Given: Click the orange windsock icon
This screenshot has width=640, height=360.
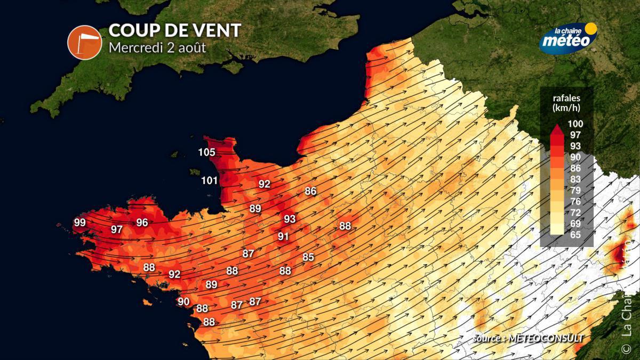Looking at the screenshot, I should tap(84, 43).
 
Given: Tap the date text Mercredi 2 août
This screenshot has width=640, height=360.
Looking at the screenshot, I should tap(157, 47).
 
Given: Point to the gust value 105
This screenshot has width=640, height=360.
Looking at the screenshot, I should tap(206, 153).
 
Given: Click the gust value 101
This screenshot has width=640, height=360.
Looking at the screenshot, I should tap(210, 180).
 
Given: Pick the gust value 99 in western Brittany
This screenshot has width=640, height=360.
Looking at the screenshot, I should tap(79, 222).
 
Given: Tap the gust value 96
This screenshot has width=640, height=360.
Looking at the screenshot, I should tap(142, 222).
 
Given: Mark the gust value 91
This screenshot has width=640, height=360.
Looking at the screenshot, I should tap(283, 236).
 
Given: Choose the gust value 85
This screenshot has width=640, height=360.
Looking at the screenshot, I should tap(308, 257).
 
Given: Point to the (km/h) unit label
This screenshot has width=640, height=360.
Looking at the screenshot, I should tap(567, 108).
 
